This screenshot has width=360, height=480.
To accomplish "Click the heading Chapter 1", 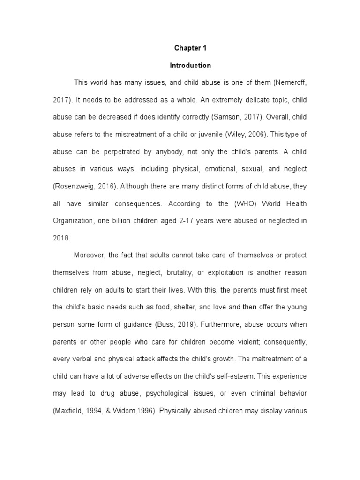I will (190, 48).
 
